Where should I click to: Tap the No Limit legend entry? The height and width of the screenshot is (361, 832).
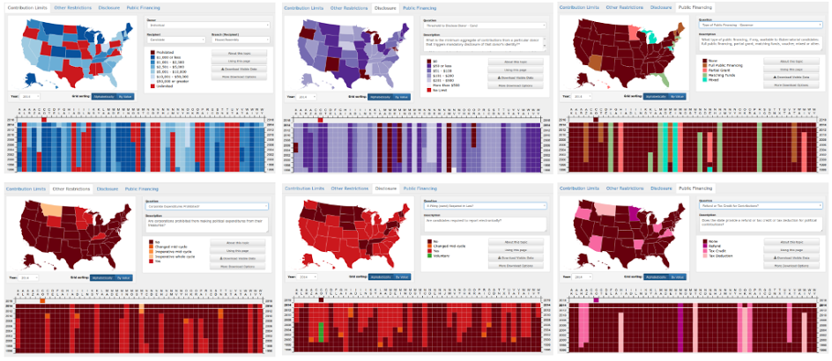click(441, 90)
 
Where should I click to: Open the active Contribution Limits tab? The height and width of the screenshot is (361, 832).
click(24, 7)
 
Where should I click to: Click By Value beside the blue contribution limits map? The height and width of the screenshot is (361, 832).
click(124, 95)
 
